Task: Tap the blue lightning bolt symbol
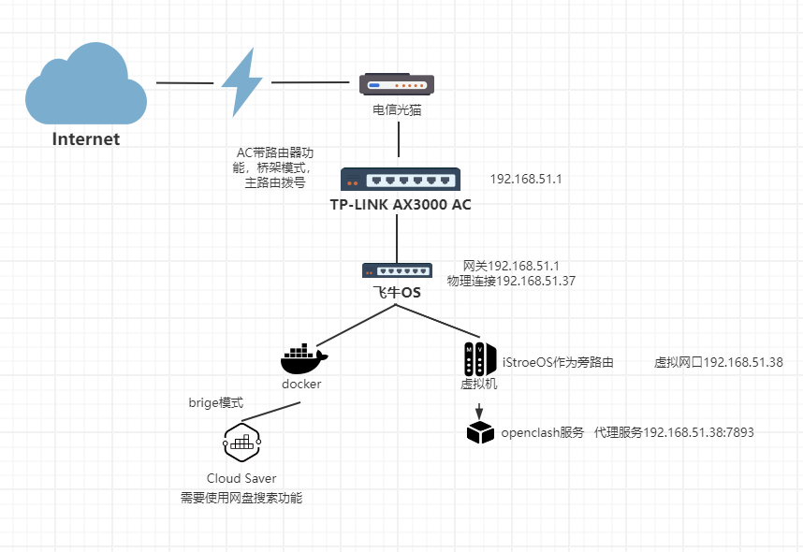click(241, 82)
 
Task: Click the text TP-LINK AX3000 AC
click(400, 204)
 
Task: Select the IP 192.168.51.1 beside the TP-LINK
click(525, 178)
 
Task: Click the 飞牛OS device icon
click(398, 270)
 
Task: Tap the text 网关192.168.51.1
click(511, 266)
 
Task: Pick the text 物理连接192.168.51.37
click(511, 280)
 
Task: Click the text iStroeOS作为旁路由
click(558, 362)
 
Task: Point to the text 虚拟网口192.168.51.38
click(718, 362)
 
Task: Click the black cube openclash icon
click(480, 432)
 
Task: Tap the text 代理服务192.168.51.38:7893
click(674, 432)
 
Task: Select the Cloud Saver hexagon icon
click(241, 443)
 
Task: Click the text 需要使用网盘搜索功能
click(241, 498)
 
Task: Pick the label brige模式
click(216, 403)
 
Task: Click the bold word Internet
click(86, 139)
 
